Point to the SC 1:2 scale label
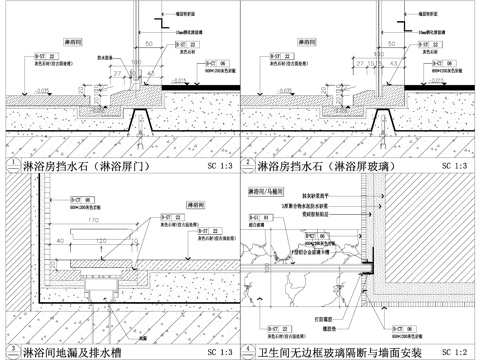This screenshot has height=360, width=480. pyautogui.click(x=457, y=352)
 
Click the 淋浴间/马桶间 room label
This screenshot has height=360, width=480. pyautogui.click(x=268, y=189)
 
